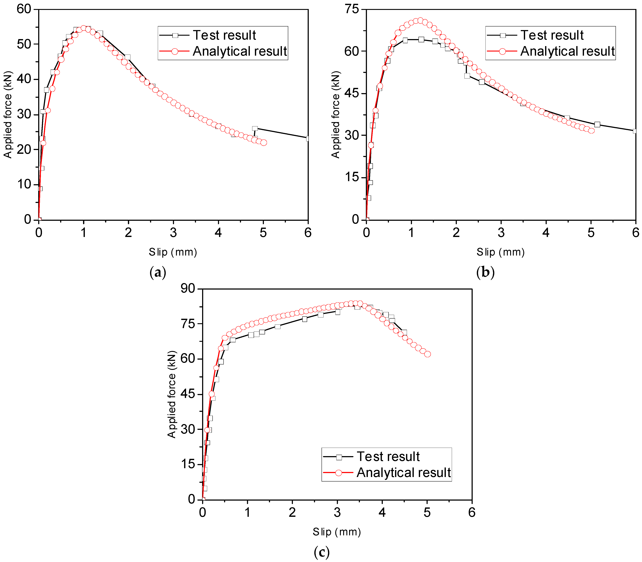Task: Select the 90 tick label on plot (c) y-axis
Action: tap(188, 288)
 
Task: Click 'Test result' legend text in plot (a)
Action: tap(224, 35)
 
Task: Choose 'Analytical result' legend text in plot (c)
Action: tap(404, 473)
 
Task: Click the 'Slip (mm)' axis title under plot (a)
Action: tap(173, 252)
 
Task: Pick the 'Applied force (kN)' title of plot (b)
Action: tap(335, 115)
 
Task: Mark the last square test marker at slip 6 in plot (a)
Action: tap(307, 138)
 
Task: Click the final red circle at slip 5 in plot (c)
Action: tap(427, 354)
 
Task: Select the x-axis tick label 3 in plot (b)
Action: tap(501, 233)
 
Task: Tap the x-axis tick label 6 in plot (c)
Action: tap(472, 512)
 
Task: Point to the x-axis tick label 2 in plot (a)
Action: tap(128, 233)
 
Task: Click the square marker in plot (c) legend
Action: tap(339, 457)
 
